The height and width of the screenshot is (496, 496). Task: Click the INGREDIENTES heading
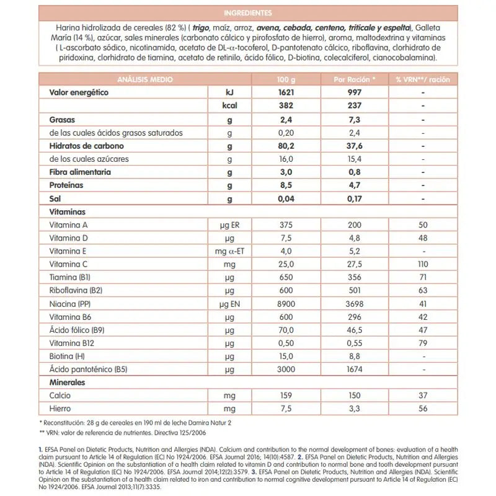[x=247, y=12]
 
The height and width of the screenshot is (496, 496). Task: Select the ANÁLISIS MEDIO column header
[x=145, y=80]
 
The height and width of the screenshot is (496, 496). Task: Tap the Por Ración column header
[x=355, y=80]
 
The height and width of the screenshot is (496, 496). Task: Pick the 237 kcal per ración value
[x=355, y=106]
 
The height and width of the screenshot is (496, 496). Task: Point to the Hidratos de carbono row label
[x=86, y=146]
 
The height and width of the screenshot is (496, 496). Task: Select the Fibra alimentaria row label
[x=80, y=172]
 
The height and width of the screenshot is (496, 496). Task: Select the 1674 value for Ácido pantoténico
[x=355, y=370]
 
